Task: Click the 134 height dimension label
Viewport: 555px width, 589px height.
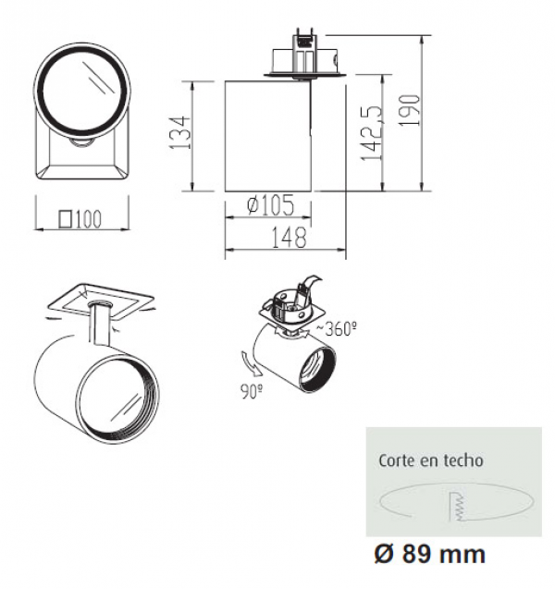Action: point(179,132)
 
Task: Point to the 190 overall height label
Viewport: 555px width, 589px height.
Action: point(409,110)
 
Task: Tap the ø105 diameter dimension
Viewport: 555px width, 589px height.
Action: point(270,205)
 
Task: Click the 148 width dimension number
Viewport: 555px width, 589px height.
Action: point(289,238)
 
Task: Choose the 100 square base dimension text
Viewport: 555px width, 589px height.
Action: point(89,218)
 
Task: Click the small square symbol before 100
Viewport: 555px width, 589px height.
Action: point(66,219)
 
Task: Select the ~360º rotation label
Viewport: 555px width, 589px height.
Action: point(336,328)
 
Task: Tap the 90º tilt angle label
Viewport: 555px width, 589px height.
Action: point(252,391)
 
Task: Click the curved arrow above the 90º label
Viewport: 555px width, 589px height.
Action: point(250,363)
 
